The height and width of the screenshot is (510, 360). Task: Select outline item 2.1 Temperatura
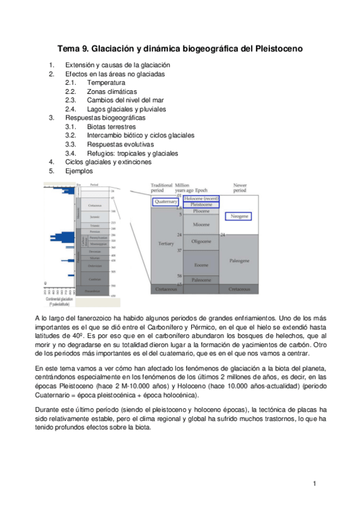(106, 82)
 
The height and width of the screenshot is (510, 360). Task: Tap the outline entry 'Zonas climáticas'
(111, 91)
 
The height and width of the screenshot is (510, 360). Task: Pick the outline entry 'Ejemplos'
(80, 171)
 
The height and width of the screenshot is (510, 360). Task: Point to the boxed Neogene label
(237, 216)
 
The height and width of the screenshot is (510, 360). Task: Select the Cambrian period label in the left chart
(94, 279)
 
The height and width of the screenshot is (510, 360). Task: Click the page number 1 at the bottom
(314, 484)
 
